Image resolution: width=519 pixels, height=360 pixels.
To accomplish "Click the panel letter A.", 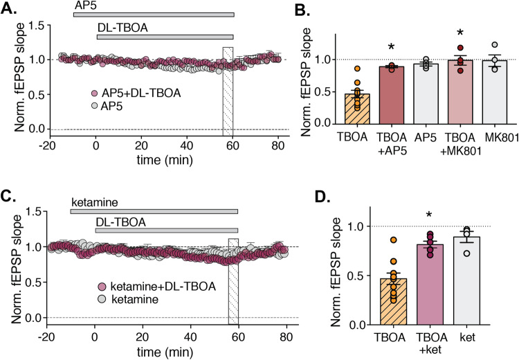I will coord(12,9).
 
